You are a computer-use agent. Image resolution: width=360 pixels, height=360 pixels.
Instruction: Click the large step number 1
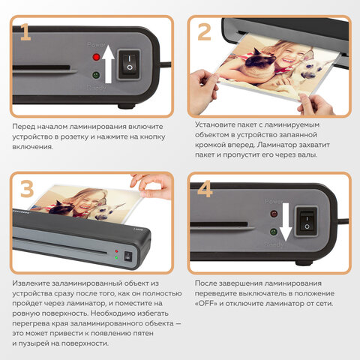(x=25, y=31)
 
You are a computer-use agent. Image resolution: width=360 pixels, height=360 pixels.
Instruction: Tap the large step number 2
(x=204, y=31)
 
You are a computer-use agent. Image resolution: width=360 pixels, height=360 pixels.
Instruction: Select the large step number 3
(x=27, y=189)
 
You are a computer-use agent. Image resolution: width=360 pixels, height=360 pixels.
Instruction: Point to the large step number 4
(x=205, y=189)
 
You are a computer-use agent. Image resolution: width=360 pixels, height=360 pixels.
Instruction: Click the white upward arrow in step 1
(x=108, y=64)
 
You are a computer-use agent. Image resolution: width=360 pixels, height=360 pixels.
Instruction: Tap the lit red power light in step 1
(x=96, y=57)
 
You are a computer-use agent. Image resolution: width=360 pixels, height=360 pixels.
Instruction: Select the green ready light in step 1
(x=96, y=75)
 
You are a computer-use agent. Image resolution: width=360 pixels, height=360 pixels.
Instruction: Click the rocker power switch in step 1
(x=129, y=64)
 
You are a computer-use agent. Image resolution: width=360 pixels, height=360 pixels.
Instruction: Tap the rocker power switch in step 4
(x=307, y=221)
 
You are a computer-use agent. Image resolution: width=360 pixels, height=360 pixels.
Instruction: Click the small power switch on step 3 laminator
(x=127, y=256)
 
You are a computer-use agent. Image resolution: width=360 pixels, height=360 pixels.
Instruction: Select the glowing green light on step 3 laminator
(x=116, y=257)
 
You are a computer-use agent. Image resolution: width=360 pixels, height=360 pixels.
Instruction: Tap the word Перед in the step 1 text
(x=23, y=127)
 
